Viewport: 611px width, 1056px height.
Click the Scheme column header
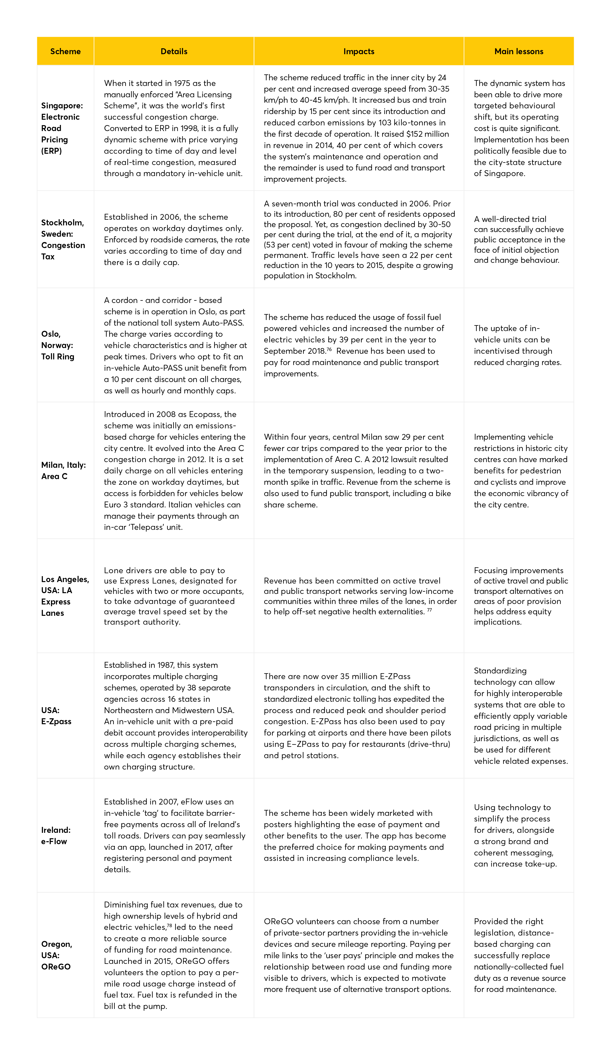coord(65,51)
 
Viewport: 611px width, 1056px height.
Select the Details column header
coord(174,51)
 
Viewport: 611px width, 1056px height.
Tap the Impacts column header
coord(359,51)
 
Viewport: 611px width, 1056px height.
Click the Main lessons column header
coord(519,51)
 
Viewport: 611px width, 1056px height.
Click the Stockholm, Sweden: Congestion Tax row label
coord(63,239)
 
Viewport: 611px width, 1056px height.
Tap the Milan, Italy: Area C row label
coord(63,470)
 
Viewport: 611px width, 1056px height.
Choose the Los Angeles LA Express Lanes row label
coord(65,596)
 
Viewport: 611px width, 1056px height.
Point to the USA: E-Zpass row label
coord(56,716)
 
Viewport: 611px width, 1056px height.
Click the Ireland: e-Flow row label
coord(56,836)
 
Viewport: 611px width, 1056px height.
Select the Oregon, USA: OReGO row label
coord(57,955)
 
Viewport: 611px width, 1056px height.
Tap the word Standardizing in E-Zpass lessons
coord(500,671)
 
